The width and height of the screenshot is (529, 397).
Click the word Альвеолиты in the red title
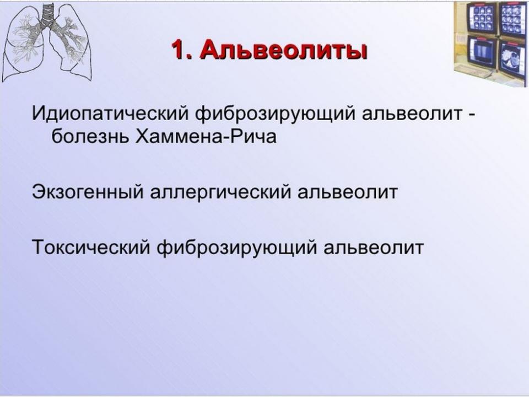[283, 50]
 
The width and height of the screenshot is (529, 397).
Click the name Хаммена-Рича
[206, 137]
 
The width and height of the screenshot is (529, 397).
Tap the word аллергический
[220, 192]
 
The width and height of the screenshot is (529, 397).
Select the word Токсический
[91, 247]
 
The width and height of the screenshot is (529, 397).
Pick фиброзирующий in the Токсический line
[237, 248]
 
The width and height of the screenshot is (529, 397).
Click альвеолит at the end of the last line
[374, 247]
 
